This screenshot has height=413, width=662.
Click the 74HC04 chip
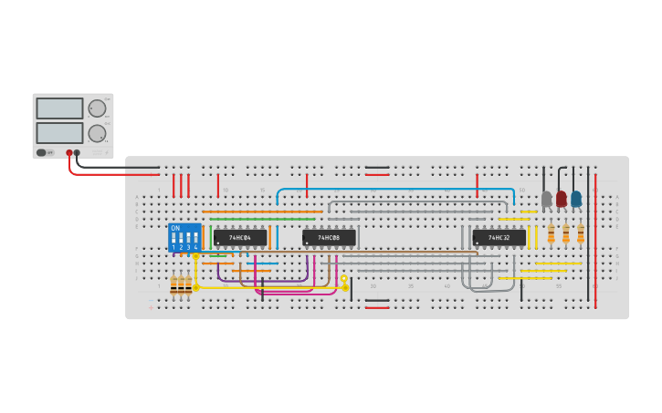240,238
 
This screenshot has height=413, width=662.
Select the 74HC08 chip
329,238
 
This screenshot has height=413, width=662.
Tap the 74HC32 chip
499,238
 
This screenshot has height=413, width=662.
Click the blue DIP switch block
184,238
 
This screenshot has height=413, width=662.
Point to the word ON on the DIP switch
175,228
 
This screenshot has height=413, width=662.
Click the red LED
562,198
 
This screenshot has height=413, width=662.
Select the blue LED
576,198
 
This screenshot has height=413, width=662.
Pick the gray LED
547,198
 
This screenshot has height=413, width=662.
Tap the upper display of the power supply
59,108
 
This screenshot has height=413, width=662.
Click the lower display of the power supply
59,132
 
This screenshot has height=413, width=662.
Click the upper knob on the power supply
97,108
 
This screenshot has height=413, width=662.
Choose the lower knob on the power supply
97,132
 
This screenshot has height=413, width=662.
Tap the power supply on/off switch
42,152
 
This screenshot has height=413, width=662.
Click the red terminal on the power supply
68,153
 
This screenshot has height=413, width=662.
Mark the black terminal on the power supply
77,153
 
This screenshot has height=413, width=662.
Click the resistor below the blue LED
581,234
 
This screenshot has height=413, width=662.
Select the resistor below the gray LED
552,234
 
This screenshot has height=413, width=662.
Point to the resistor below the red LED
566,234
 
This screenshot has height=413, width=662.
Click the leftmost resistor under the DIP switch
173,285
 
